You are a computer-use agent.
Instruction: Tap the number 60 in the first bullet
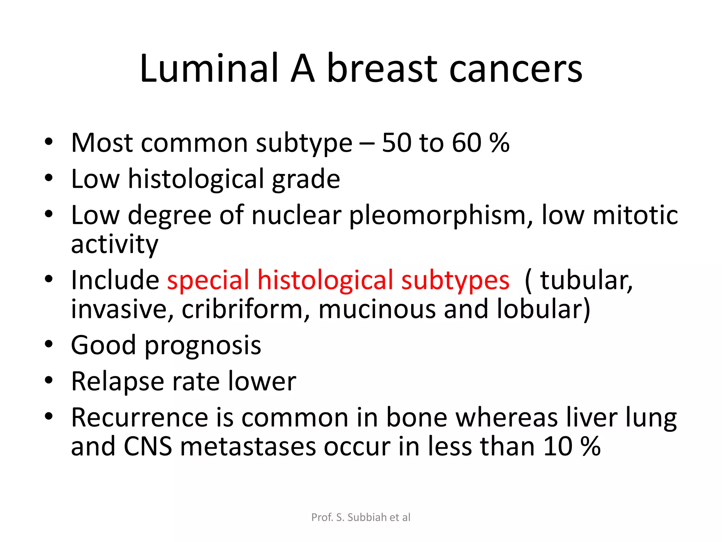click(x=466, y=143)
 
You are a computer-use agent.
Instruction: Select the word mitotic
click(x=635, y=215)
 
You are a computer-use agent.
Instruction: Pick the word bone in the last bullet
click(x=416, y=418)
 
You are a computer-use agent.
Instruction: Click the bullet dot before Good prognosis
click(x=49, y=344)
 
